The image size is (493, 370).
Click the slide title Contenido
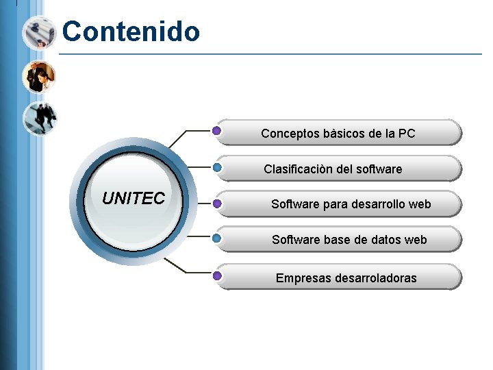point(131,32)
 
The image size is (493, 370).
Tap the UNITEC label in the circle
point(134,199)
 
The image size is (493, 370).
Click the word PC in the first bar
point(407,134)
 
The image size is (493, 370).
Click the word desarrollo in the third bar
point(379,204)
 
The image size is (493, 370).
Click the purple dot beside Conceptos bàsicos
point(216,130)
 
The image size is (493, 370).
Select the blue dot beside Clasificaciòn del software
point(216,166)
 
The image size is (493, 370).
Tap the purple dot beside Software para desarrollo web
point(216,203)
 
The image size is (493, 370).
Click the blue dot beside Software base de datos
point(216,238)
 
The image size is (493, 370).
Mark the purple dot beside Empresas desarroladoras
point(216,276)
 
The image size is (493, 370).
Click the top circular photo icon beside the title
point(38,32)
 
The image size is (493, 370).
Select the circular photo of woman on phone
point(38,76)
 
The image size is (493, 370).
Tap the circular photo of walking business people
point(39,119)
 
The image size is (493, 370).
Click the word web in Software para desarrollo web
point(420,204)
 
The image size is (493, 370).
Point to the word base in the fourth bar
point(331,240)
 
